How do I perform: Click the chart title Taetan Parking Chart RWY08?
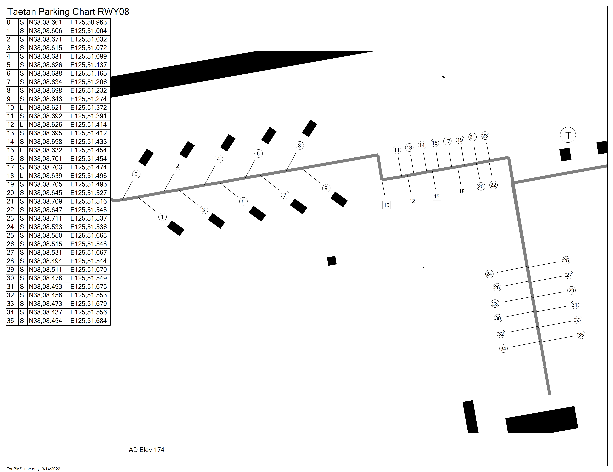68,12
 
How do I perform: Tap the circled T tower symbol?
568,135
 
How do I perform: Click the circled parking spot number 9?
326,188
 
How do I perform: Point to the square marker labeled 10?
387,205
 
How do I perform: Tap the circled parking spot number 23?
485,136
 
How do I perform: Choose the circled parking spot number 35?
581,335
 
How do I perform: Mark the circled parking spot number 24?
489,274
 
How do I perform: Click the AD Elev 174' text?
147,450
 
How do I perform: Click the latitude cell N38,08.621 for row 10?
45,108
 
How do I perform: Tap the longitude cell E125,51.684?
89,321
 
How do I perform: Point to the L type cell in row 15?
22,150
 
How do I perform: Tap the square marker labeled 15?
436,196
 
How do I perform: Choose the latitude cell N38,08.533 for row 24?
45,227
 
